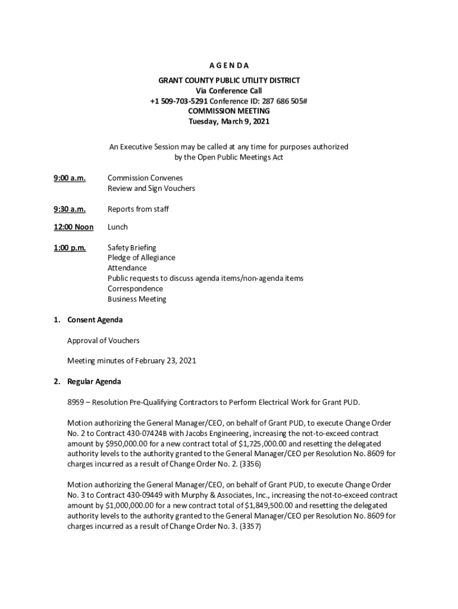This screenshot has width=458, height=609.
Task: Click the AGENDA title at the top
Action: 229,65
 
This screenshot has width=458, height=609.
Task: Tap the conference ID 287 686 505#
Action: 283,101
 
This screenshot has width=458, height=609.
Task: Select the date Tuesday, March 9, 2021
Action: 229,121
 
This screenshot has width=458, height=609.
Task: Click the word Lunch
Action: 118,227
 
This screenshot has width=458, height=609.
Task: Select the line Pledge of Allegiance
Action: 141,258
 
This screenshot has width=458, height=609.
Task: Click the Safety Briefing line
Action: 131,247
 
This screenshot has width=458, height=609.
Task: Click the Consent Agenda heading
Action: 95,320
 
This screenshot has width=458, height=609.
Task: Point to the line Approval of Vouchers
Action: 103,341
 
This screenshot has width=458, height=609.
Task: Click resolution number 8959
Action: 76,402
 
